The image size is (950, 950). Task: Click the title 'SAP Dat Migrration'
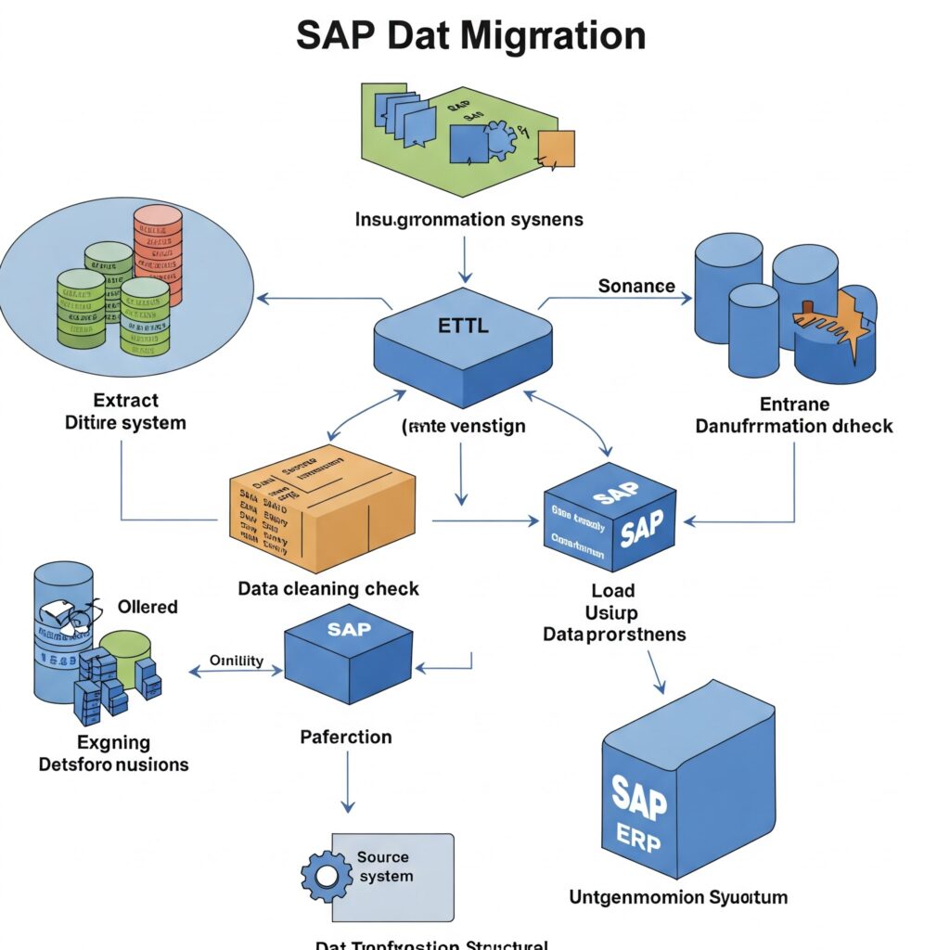(470, 35)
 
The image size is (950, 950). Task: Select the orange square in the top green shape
(556, 148)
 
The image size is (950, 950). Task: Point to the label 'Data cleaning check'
(328, 588)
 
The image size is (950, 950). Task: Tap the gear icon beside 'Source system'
(326, 874)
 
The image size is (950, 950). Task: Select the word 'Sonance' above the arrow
(636, 286)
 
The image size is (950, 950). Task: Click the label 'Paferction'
(346, 737)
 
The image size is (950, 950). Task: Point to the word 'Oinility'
(237, 661)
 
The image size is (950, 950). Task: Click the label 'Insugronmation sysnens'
(469, 220)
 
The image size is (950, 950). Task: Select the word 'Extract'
(126, 400)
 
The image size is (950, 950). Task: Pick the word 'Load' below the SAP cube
(613, 590)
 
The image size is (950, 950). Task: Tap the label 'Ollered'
(148, 607)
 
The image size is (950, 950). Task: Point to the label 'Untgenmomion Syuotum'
(678, 897)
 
